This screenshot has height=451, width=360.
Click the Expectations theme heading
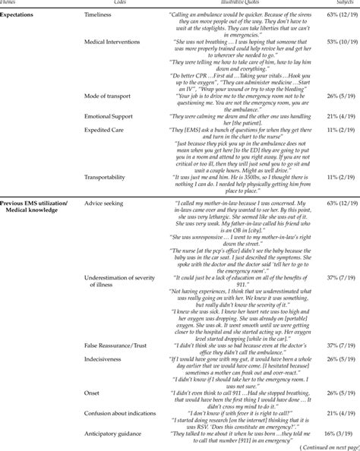(22, 14)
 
